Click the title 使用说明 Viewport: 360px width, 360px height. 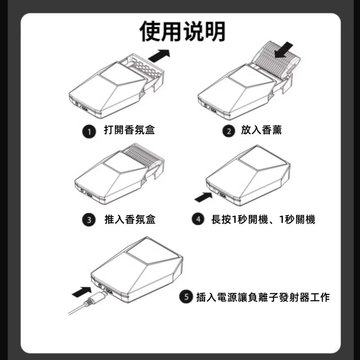[183, 31]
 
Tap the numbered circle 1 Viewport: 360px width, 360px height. [89, 131]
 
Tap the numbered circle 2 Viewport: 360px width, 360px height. [229, 131]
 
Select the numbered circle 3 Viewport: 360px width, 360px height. [89, 220]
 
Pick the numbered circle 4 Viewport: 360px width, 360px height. [198, 219]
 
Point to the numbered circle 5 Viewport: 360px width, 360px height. [186, 297]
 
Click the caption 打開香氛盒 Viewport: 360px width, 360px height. [130, 130]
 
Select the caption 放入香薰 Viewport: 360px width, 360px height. [261, 130]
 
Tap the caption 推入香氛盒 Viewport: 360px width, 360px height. [130, 219]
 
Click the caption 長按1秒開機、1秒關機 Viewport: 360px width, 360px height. [263, 219]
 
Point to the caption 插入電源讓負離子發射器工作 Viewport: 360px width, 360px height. [263, 297]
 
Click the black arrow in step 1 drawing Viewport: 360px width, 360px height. [159, 55]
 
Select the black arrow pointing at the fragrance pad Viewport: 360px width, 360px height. [284, 49]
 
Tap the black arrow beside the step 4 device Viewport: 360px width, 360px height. [204, 197]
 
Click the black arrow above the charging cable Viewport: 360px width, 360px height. [82, 292]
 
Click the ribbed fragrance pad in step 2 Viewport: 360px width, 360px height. [275, 60]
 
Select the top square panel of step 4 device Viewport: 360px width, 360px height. [262, 158]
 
